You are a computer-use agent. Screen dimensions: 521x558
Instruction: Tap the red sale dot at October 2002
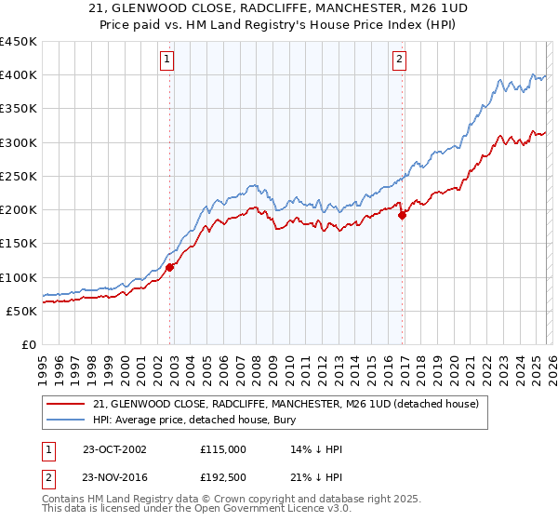click(170, 267)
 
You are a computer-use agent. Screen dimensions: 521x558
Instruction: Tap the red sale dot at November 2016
click(403, 215)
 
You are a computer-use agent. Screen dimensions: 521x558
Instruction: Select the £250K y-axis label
click(19, 176)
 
